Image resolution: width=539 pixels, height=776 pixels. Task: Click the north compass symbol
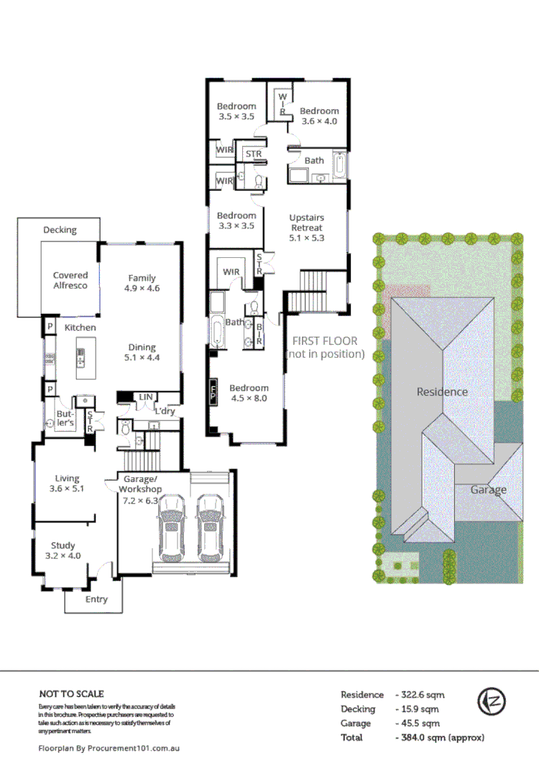pyautogui.click(x=492, y=701)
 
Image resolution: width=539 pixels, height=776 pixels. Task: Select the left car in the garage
pyautogui.click(x=172, y=527)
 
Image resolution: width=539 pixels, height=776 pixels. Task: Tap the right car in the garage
pyautogui.click(x=210, y=527)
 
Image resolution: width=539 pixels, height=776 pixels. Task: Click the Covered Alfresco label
pyautogui.click(x=70, y=280)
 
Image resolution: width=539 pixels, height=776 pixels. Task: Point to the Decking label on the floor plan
pyautogui.click(x=60, y=230)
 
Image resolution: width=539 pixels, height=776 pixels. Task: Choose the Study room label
pyautogui.click(x=63, y=551)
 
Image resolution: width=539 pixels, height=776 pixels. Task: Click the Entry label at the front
pyautogui.click(x=96, y=599)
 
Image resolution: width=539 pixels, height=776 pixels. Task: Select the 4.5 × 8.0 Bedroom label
pyautogui.click(x=249, y=392)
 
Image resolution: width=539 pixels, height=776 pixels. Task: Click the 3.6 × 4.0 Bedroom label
pyautogui.click(x=319, y=116)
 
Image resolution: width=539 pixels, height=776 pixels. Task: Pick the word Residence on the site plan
pyautogui.click(x=442, y=392)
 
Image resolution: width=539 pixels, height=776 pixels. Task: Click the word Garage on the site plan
pyautogui.click(x=489, y=489)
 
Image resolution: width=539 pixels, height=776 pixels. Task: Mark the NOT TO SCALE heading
pyautogui.click(x=71, y=693)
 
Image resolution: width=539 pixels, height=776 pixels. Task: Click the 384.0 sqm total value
pyautogui.click(x=441, y=737)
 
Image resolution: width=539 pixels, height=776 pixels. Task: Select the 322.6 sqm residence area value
pyautogui.click(x=420, y=695)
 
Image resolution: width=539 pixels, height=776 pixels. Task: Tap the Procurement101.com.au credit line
pyautogui.click(x=108, y=748)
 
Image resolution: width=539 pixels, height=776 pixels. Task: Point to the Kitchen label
pyautogui.click(x=80, y=328)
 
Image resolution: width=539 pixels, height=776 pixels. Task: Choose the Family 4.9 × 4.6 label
pyautogui.click(x=142, y=283)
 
